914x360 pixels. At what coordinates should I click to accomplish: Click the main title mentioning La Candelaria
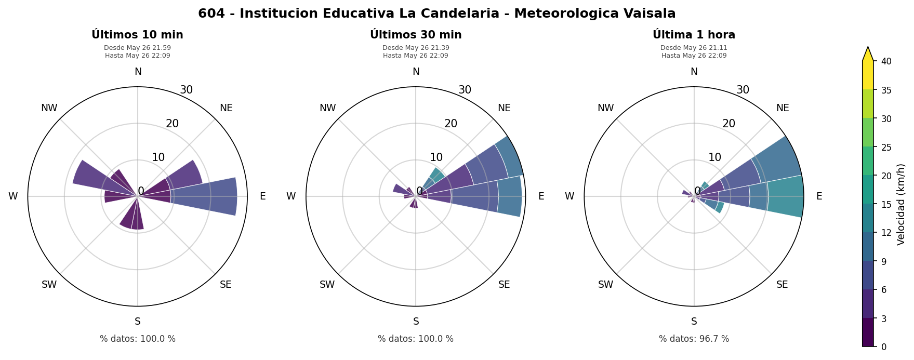436,14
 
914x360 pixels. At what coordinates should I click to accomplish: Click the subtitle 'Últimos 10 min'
137,35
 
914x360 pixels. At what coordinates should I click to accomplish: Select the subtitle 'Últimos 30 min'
416,35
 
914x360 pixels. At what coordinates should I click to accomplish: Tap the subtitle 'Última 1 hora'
694,35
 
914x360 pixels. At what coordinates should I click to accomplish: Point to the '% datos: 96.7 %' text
694,339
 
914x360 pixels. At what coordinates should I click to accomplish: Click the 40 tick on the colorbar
886,61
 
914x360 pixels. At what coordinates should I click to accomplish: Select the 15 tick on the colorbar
886,204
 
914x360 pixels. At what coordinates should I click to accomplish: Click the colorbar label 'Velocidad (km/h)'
901,204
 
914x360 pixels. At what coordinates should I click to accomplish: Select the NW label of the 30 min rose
327,108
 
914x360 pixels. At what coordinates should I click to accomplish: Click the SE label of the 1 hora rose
782,285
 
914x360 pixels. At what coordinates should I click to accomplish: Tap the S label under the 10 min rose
138,322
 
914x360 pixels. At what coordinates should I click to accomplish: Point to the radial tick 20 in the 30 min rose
451,124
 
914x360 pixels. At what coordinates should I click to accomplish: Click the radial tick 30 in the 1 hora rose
743,90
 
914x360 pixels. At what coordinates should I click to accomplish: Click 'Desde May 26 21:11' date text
694,48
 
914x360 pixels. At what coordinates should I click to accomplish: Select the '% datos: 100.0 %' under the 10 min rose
138,339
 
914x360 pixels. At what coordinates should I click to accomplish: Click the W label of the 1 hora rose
569,196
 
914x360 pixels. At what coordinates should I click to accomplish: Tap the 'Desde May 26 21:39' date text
416,48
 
